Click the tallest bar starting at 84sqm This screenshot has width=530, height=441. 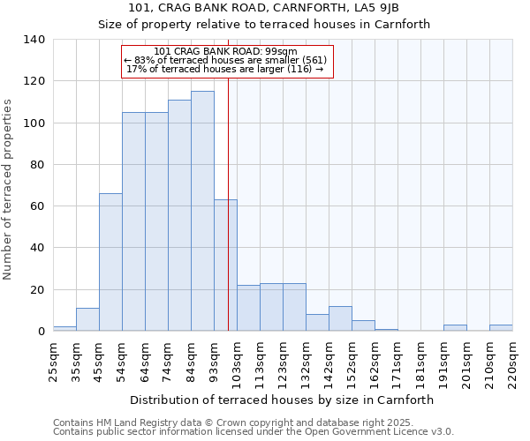[202, 212]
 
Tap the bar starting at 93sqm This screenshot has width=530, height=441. [225, 265]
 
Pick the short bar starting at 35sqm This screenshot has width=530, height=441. [87, 320]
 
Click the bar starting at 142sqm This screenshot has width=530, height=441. [340, 319]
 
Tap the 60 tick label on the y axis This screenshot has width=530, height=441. [37, 206]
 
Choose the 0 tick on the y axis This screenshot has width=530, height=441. [41, 332]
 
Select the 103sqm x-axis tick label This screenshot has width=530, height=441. [237, 362]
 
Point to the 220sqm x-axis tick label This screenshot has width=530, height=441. [512, 362]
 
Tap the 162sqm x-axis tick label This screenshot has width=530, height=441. [375, 362]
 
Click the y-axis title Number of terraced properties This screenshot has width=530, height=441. [9, 189]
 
